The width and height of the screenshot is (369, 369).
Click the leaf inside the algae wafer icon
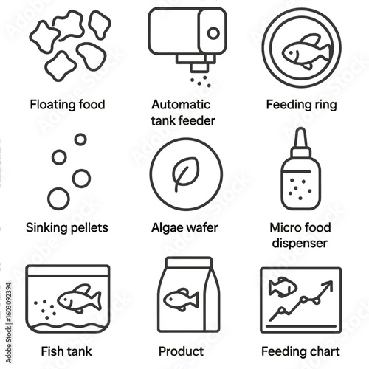tap(186, 173)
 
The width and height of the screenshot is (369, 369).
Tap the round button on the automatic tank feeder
tap(213, 33)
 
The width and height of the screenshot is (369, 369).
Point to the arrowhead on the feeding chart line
tap(328, 286)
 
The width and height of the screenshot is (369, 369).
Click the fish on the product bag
tap(181, 300)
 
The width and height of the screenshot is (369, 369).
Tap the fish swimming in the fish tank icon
tap(79, 298)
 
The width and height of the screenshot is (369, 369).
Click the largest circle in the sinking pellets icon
tap(58, 199)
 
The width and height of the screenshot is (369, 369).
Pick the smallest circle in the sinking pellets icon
tap(80, 139)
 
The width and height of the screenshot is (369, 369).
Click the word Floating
tap(49, 105)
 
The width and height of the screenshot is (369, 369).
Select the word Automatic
tap(181, 105)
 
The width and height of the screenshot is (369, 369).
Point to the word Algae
tap(167, 228)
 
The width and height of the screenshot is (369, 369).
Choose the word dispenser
tap(300, 244)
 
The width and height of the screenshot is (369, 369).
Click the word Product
tap(181, 351)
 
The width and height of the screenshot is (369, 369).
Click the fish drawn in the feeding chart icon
tap(283, 287)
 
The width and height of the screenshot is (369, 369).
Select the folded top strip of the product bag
tap(189, 262)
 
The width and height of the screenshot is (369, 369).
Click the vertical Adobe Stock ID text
tap(8, 323)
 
